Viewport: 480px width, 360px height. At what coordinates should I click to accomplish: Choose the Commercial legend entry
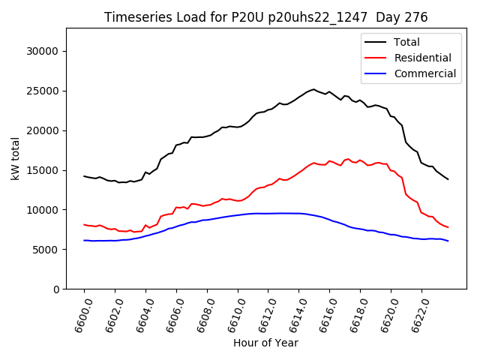point(424,73)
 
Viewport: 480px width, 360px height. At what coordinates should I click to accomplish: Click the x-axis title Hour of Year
point(265,343)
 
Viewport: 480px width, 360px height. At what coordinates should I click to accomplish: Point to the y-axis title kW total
point(16,158)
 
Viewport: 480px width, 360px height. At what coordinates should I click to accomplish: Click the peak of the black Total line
point(313,89)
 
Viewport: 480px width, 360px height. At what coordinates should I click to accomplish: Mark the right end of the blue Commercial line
point(448,241)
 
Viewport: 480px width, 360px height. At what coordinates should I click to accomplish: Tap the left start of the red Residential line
point(84,224)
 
